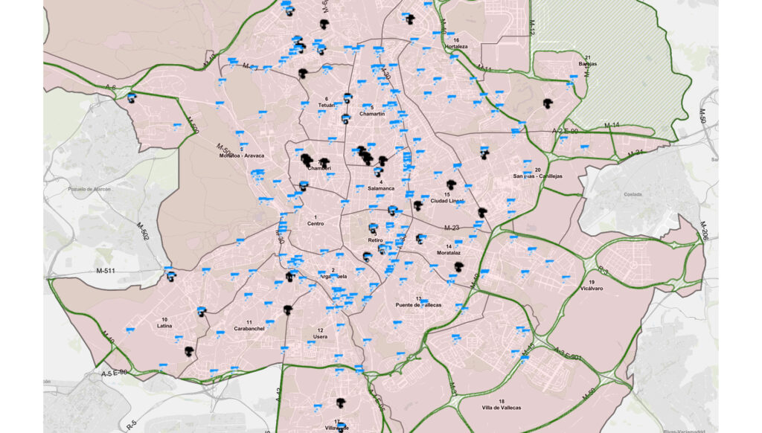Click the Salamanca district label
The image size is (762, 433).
click(x=381, y=188)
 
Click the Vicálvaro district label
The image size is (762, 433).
click(x=592, y=289)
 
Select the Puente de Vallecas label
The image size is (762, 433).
click(x=418, y=305)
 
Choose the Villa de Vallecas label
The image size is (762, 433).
click(x=501, y=408)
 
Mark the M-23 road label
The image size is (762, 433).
click(x=452, y=228)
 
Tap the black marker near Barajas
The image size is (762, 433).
click(x=548, y=106)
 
